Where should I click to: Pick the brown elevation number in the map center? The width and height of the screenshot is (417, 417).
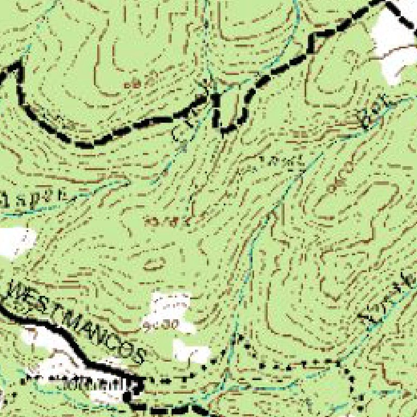click(171, 220)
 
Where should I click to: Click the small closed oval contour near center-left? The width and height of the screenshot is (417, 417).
click(155, 264)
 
